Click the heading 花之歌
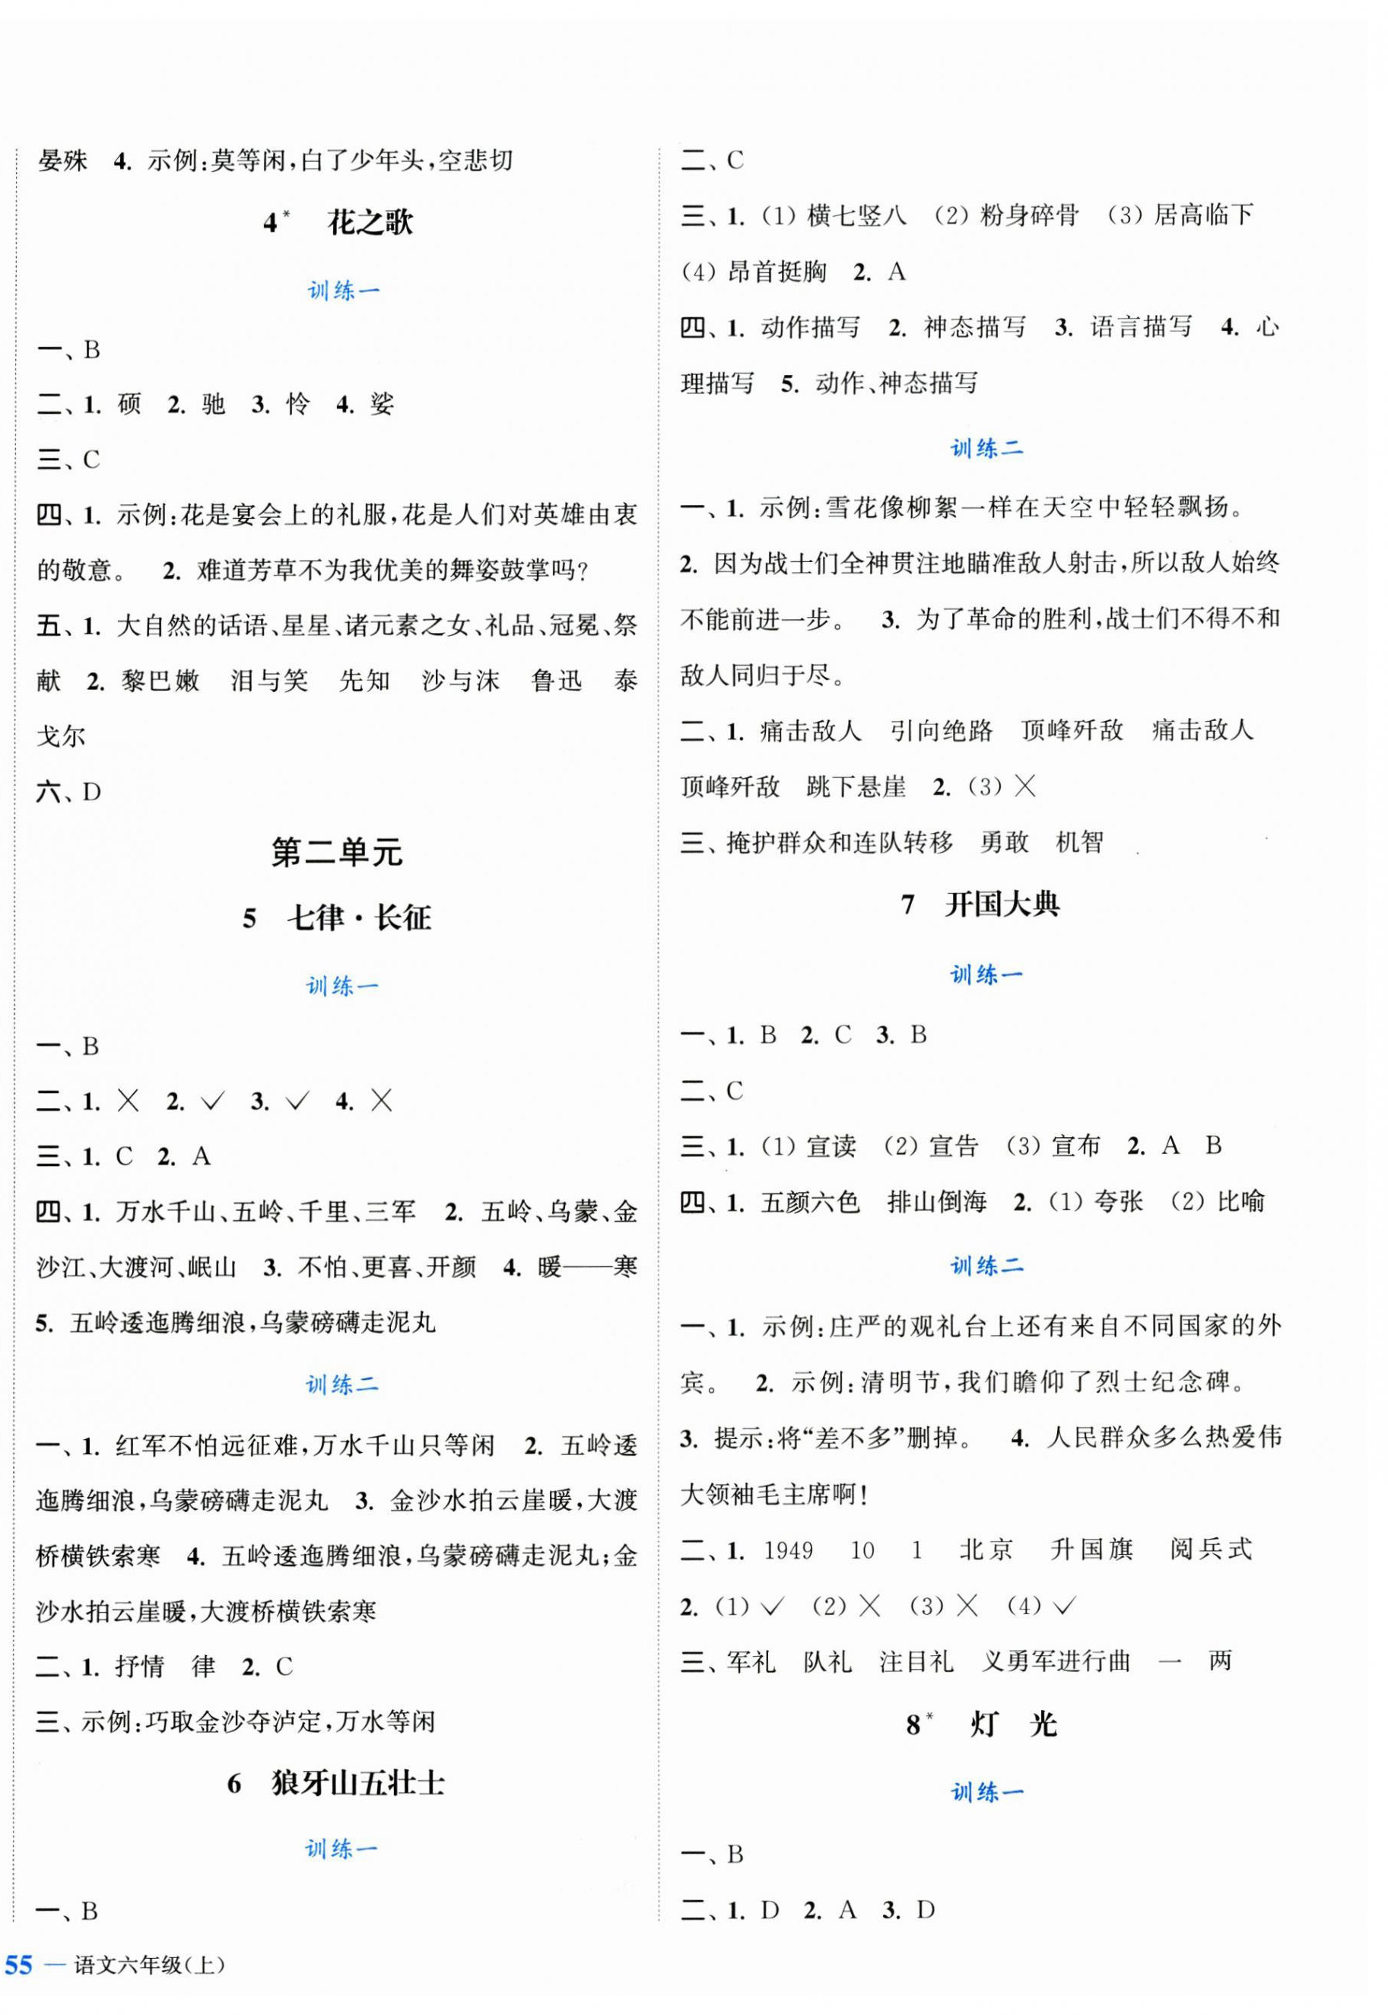[370, 224]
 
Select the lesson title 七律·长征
[358, 918]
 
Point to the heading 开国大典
[1002, 905]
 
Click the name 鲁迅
[557, 681]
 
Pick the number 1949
[788, 1550]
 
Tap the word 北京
[986, 1550]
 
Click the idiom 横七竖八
[856, 216]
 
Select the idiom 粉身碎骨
[1030, 216]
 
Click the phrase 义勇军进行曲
[1056, 1662]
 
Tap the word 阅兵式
[1211, 1550]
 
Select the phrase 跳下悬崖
[856, 788]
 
